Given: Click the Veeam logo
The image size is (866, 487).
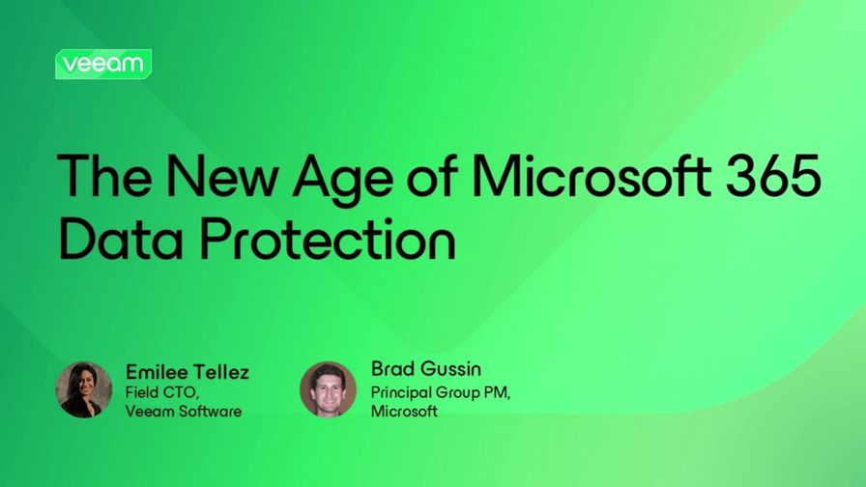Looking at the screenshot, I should (103, 64).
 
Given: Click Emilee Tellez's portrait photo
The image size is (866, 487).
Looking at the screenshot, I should (83, 389).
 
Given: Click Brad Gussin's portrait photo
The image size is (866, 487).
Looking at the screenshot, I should (329, 389).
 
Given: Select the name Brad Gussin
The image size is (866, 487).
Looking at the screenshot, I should (426, 369).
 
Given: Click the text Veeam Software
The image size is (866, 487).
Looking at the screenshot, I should (184, 411).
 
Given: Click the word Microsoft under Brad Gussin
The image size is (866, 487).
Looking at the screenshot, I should (404, 411).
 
